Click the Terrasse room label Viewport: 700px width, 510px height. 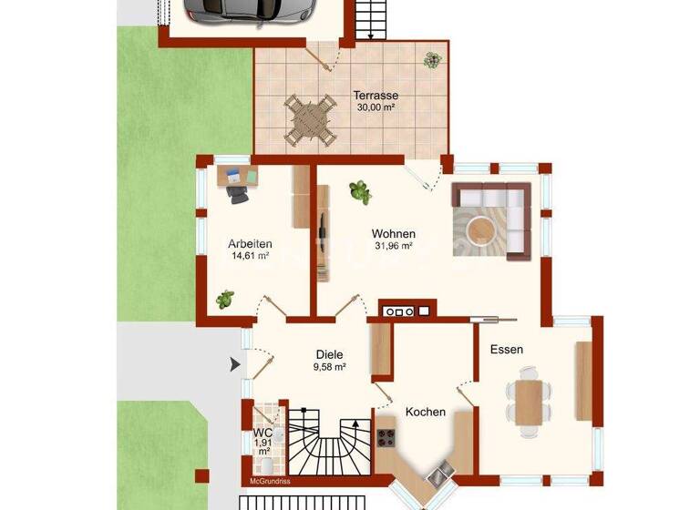376,95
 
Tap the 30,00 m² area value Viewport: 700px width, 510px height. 376,107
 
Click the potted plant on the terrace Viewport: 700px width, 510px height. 430,60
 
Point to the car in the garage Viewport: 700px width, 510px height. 249,9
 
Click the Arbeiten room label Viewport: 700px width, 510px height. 250,243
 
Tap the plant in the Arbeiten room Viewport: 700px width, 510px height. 224,298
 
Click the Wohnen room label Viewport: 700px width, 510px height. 394,233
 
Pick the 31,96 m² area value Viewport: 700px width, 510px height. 394,246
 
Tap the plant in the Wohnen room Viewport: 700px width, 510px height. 360,191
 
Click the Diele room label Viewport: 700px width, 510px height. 329,354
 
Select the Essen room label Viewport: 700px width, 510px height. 507,349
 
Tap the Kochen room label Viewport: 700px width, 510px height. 426,412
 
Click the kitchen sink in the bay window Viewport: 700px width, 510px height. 441,474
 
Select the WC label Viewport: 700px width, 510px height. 262,433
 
